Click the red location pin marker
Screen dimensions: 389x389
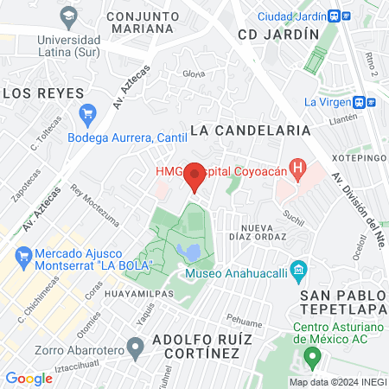(x=194, y=175)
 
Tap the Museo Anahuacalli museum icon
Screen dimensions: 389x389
(x=298, y=271)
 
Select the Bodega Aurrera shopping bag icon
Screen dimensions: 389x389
(x=86, y=113)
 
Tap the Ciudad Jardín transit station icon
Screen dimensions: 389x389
(x=344, y=16)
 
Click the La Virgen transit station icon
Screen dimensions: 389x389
(x=371, y=101)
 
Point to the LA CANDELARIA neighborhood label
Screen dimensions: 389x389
(x=250, y=130)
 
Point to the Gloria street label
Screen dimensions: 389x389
(x=194, y=73)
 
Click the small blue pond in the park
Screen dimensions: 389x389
(x=188, y=252)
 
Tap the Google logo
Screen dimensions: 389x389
(x=29, y=378)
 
